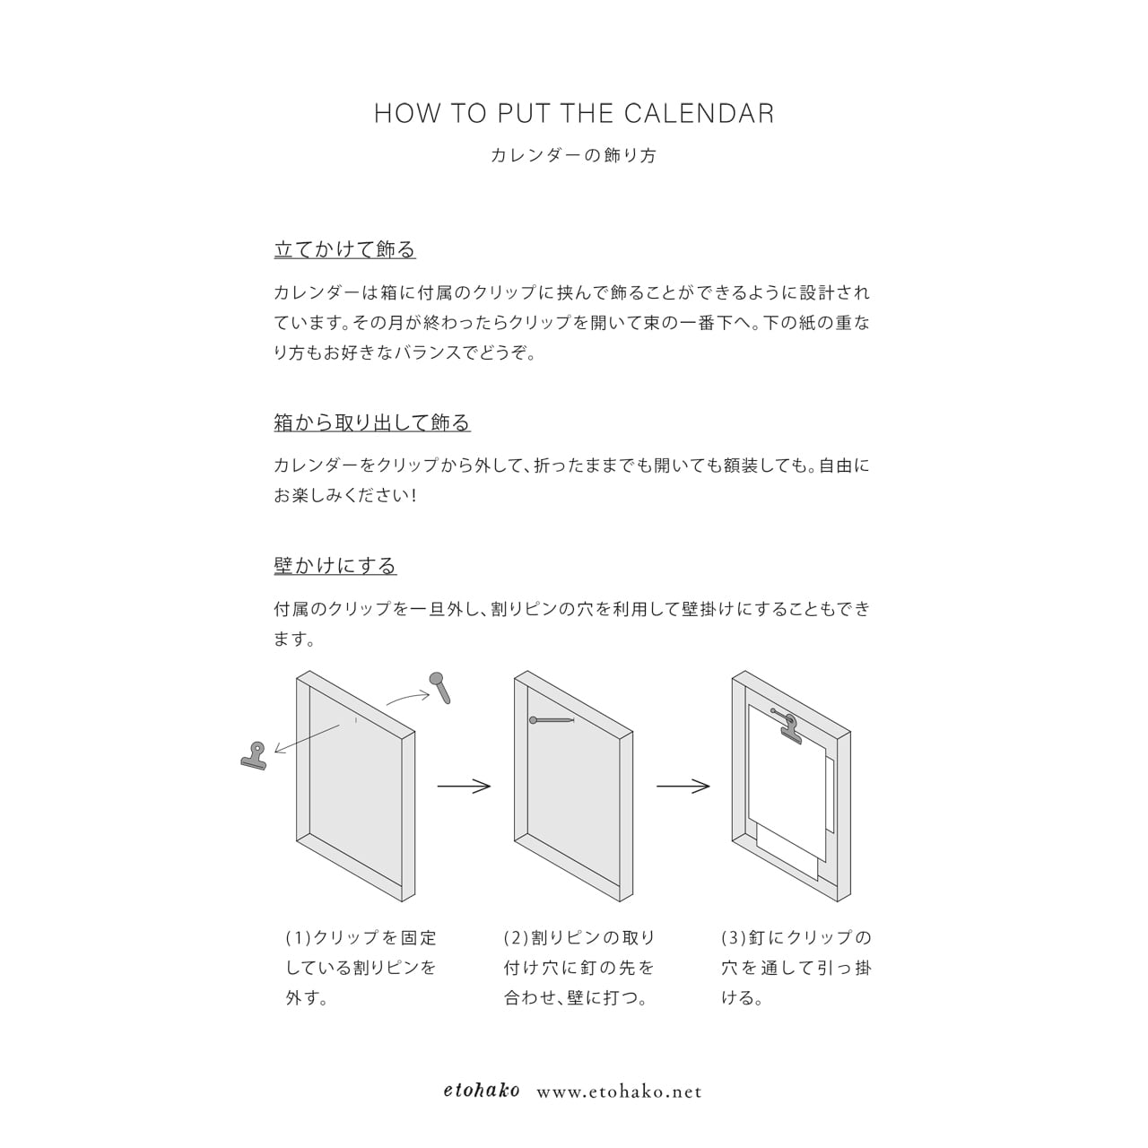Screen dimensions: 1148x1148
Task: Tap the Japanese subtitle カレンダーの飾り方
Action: click(x=574, y=155)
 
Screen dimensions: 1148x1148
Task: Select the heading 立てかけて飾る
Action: click(x=344, y=249)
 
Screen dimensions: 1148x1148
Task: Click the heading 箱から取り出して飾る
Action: click(x=371, y=422)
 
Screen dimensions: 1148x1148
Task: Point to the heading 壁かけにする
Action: click(x=335, y=566)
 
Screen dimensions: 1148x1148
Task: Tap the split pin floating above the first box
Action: click(x=440, y=686)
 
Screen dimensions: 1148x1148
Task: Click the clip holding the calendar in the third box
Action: click(x=790, y=727)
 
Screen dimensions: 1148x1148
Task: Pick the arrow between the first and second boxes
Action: click(x=464, y=787)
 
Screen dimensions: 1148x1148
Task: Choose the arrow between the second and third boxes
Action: click(x=683, y=787)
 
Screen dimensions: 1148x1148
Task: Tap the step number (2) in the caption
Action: click(x=516, y=938)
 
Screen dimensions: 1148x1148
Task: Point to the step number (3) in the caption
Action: click(x=734, y=938)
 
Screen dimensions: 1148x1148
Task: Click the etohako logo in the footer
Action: click(x=482, y=1091)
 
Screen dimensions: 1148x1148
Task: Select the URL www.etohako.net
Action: click(x=619, y=1092)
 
